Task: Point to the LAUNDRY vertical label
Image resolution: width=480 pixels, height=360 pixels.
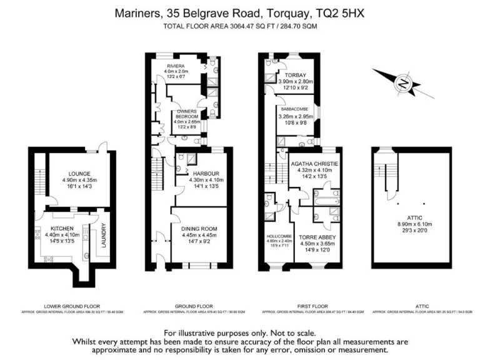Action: [x=104, y=235]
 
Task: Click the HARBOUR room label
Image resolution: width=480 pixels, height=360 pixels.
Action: [x=204, y=173]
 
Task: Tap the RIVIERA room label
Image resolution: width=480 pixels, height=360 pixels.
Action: [x=176, y=66]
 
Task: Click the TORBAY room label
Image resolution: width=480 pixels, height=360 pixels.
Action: [x=295, y=74]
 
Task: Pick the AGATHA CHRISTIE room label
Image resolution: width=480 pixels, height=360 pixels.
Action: [x=315, y=164]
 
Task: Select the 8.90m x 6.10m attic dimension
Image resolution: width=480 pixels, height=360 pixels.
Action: [x=411, y=224]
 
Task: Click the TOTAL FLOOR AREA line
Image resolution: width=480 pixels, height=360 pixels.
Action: [x=240, y=26]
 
